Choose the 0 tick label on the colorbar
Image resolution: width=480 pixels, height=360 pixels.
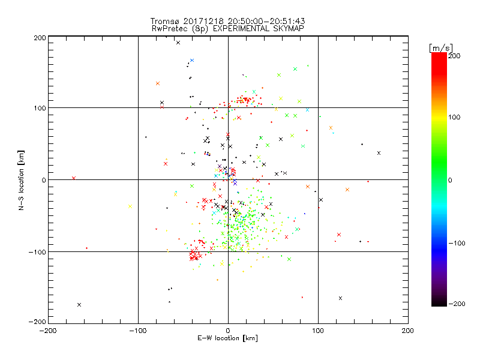coord(454,180)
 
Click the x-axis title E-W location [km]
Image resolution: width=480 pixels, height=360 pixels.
coord(227,338)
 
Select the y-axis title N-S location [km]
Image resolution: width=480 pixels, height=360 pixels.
coord(22,180)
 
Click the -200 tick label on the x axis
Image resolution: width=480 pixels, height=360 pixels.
coord(48,330)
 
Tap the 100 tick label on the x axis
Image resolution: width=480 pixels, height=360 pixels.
coord(317,330)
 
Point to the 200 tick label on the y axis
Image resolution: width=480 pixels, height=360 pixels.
coord(40,37)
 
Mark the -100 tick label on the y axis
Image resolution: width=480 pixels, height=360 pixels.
coord(37,252)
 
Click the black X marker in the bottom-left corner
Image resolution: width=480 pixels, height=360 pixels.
coord(79,305)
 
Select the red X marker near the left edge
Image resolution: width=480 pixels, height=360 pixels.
coord(73,178)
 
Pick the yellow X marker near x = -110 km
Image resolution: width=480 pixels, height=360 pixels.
coord(130,206)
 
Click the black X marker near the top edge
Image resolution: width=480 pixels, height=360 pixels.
coord(178,43)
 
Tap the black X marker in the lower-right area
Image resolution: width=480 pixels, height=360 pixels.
coord(340,298)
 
